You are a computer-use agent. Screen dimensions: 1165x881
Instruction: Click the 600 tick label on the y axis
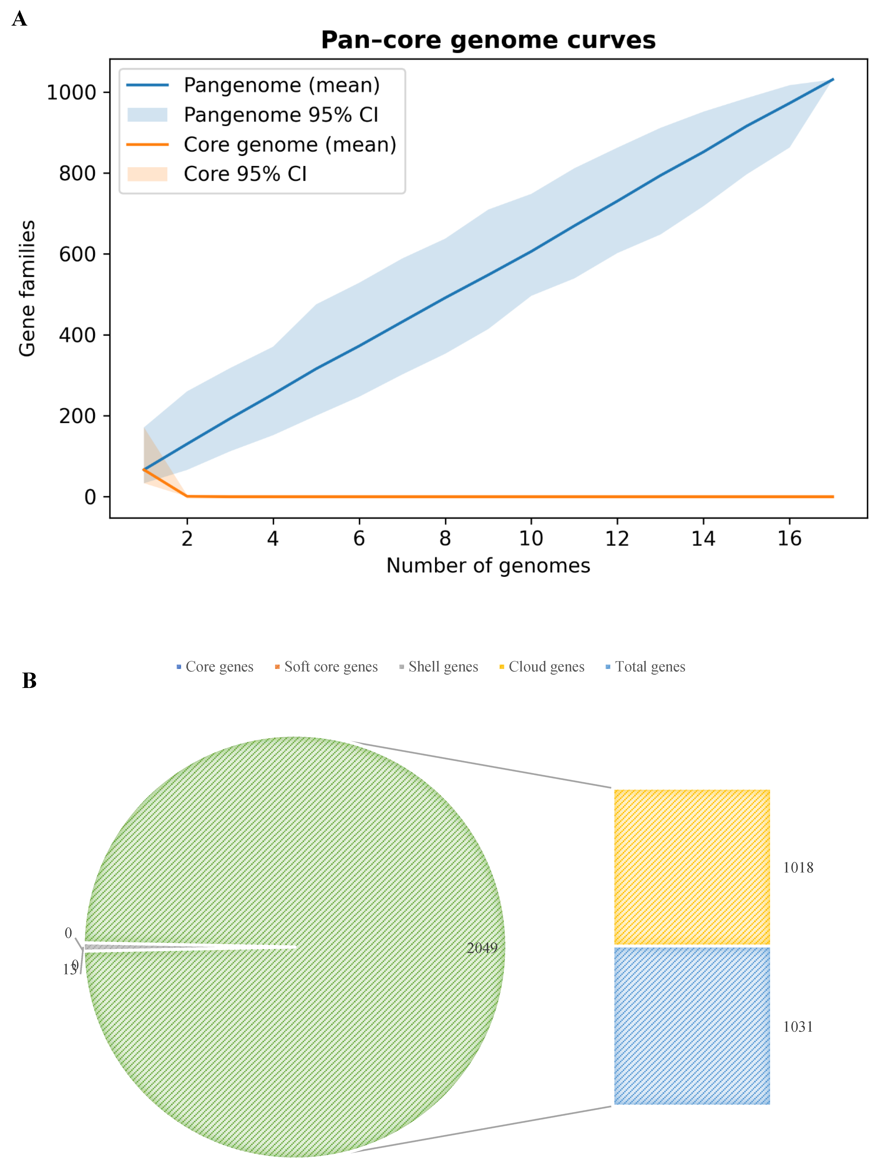[77, 254]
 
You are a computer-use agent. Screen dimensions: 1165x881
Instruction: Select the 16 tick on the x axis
[789, 538]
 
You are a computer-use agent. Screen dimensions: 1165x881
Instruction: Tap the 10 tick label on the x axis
[531, 538]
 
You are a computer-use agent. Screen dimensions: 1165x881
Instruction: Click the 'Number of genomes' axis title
[488, 566]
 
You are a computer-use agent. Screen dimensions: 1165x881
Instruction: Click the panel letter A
[19, 19]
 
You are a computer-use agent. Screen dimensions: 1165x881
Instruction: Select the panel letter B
[29, 680]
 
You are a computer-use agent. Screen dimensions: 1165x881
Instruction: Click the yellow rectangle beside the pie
[692, 867]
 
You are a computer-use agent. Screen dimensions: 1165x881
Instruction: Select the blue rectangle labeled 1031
[692, 1026]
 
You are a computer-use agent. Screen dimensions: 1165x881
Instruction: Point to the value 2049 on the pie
[482, 948]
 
